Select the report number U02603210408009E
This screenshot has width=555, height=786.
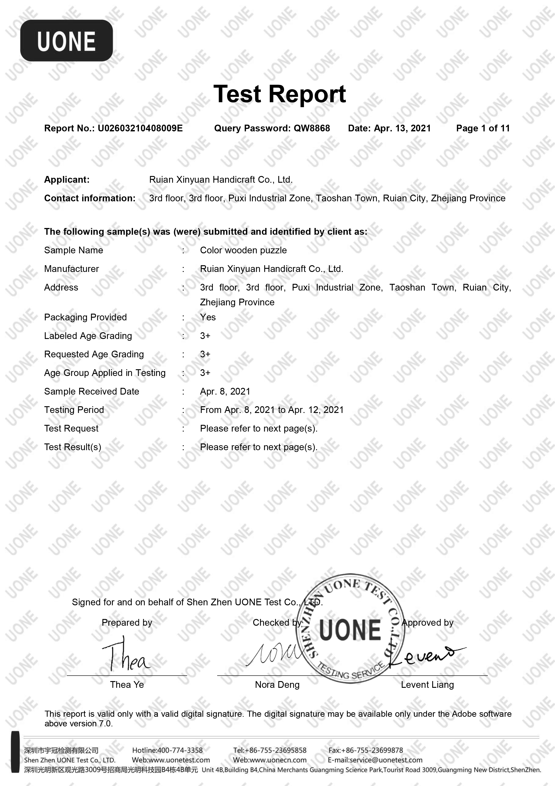140,128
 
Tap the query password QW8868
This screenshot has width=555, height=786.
311,128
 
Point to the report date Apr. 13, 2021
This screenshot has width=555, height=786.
402,128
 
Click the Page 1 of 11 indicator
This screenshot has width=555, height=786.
483,128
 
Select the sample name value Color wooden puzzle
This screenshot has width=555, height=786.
243,250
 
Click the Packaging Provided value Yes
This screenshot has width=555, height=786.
208,317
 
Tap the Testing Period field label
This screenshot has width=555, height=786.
74,410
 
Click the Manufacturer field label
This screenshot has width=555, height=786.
71,269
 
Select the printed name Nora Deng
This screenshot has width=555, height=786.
277,685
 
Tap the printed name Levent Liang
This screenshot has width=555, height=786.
427,685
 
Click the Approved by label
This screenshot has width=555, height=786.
427,622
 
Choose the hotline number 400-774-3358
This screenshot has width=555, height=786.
180,750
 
